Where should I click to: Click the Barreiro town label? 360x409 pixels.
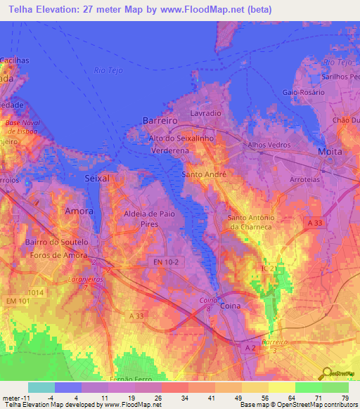pyautogui.click(x=160, y=120)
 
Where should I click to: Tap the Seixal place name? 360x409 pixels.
pyautogui.click(x=98, y=179)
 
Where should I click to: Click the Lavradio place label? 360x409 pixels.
pyautogui.click(x=206, y=113)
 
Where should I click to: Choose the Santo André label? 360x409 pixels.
pyautogui.click(x=202, y=174)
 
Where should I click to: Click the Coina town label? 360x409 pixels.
pyautogui.click(x=230, y=306)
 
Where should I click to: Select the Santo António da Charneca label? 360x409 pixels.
pyautogui.click(x=254, y=223)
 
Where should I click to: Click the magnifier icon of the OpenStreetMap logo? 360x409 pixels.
pyautogui.click(x=326, y=372)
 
